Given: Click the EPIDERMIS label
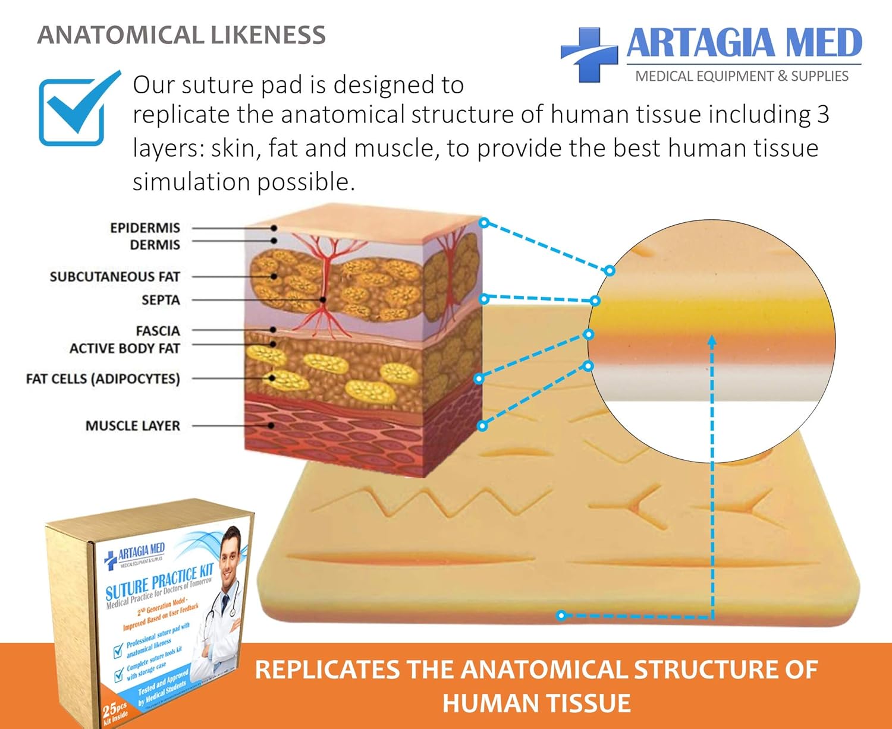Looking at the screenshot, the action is click(145, 228).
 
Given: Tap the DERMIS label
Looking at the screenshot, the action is click(155, 245).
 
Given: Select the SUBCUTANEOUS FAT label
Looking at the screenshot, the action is click(114, 276).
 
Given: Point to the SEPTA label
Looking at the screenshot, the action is click(161, 300).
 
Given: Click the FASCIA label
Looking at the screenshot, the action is click(158, 330).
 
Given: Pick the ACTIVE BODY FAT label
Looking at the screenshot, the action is click(124, 348).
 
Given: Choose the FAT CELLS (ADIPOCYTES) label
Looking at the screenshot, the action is click(102, 378).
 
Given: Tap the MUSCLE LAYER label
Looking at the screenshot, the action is click(132, 425).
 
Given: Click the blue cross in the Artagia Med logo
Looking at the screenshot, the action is click(589, 53).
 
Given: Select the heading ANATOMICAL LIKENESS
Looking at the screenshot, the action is click(181, 35).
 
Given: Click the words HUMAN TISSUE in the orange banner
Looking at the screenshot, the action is click(536, 703).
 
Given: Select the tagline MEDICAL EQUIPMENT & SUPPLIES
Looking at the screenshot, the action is click(742, 76).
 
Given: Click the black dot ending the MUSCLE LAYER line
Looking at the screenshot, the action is click(272, 425).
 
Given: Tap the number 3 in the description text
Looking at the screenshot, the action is click(822, 115).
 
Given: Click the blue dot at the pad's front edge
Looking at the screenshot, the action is click(561, 615).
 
